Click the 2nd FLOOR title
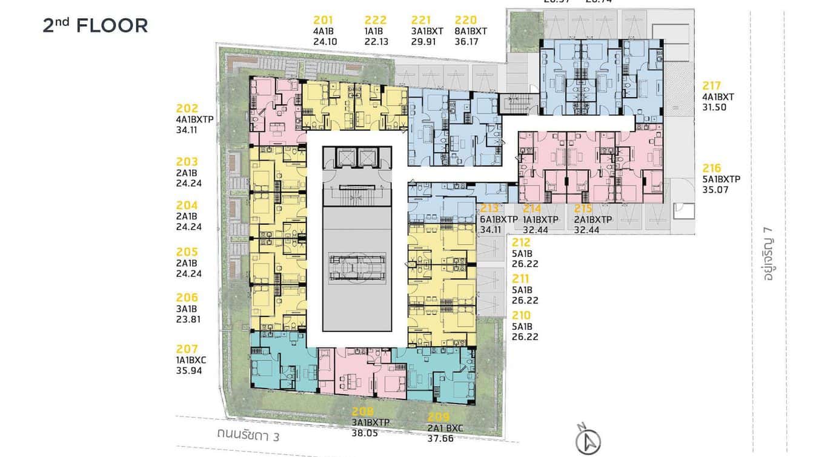95,25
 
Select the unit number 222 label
376,21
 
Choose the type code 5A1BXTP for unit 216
722,179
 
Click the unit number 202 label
187,109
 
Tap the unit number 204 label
187,205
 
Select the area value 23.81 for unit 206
188,319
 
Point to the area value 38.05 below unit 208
365,433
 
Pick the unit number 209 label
439,417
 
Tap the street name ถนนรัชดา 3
248,435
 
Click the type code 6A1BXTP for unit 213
499,219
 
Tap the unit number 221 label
421,21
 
